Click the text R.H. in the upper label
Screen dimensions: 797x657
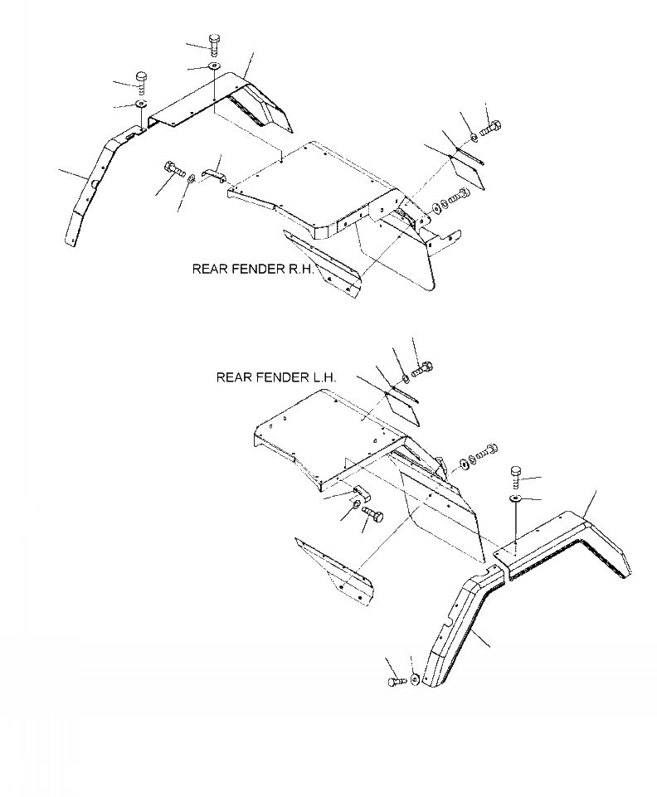[299, 269]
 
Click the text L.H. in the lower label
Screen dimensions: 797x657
[324, 377]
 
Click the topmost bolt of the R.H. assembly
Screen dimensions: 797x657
[215, 42]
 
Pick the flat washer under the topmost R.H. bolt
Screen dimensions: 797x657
[215, 66]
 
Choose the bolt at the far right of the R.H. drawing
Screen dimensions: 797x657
[489, 128]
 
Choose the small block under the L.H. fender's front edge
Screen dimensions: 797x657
[363, 492]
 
